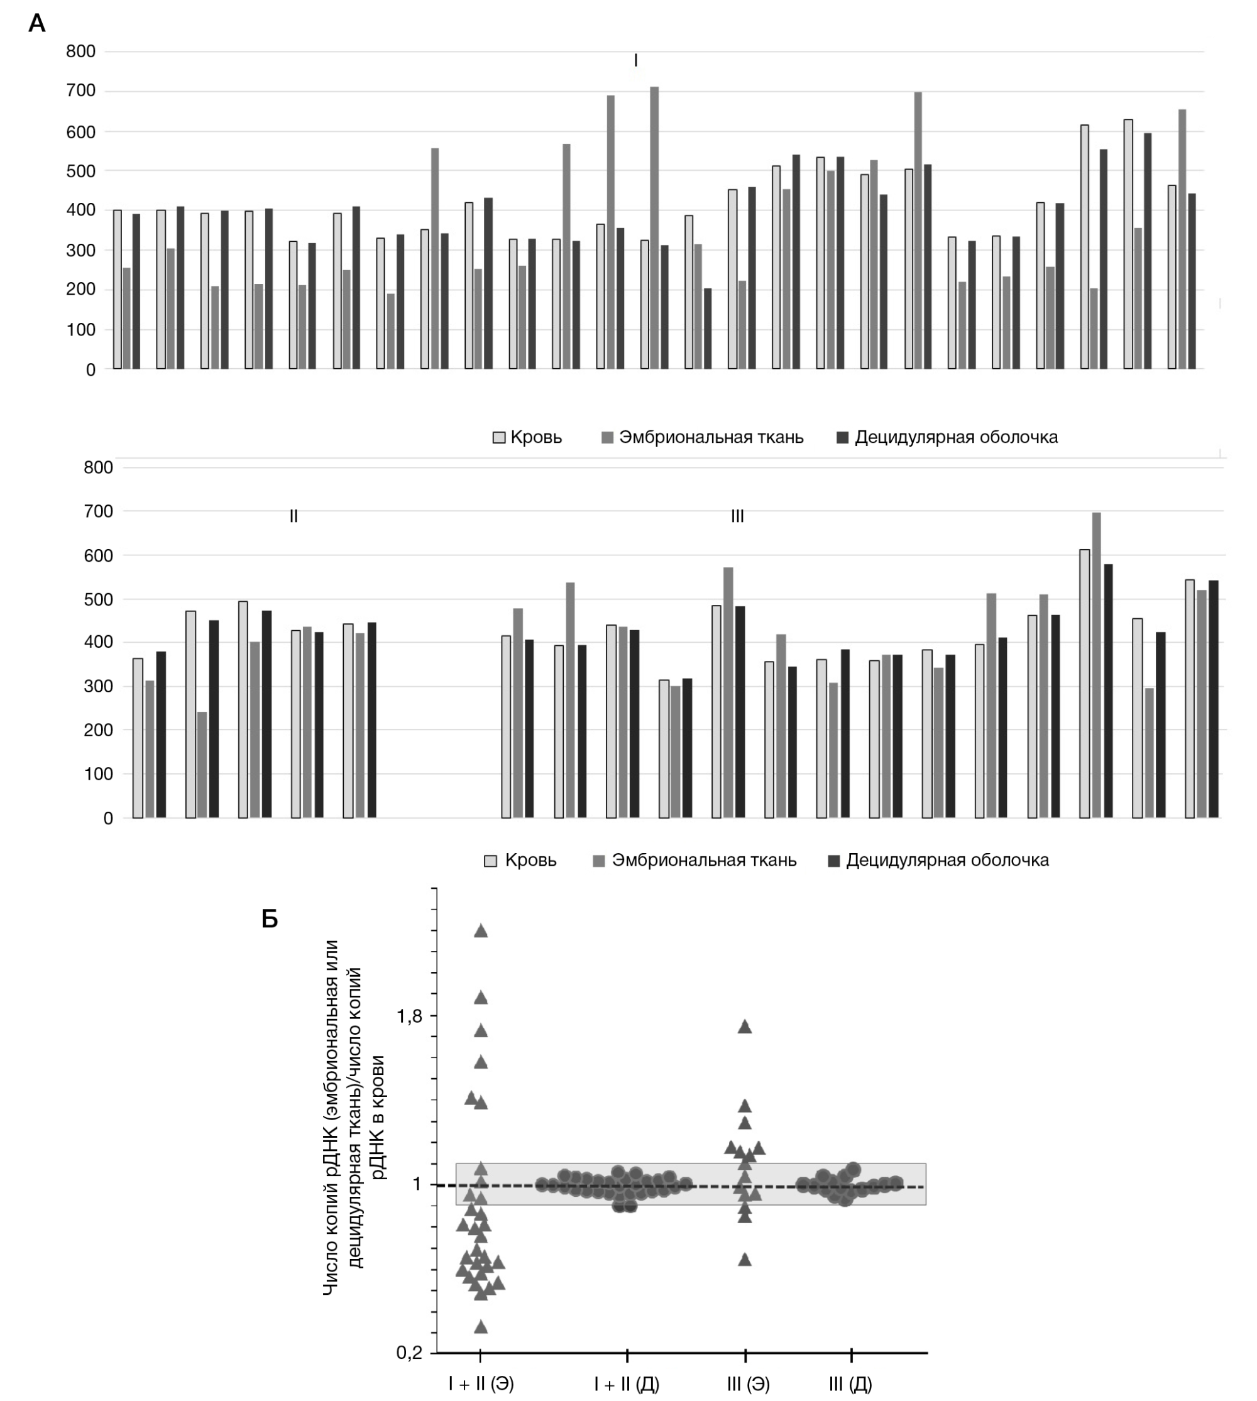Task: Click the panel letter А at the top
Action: (36, 23)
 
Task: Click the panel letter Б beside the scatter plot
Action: (270, 919)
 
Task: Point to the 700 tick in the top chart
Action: (81, 91)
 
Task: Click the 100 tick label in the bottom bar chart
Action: (98, 774)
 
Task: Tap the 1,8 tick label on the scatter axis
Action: (410, 1017)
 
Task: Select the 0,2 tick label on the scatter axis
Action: (410, 1353)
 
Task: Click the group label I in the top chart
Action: (635, 61)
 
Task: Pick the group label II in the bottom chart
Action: (294, 516)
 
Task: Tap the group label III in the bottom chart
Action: (737, 516)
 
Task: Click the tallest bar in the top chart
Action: (654, 228)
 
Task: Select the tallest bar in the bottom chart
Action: (1097, 664)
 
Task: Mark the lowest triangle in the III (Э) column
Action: (745, 1260)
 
